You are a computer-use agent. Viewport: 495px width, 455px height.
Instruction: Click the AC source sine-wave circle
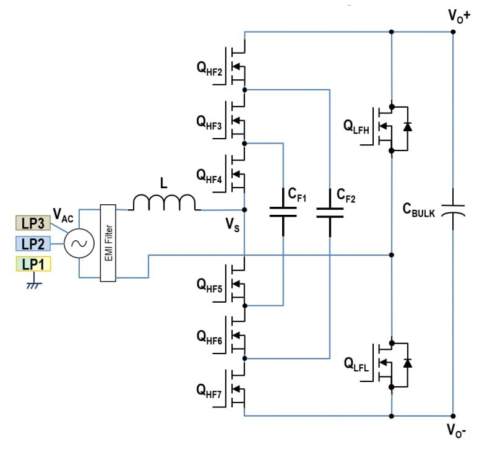click(80, 244)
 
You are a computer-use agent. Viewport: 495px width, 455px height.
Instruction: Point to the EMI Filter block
click(108, 244)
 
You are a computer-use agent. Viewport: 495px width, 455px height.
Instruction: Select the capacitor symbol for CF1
click(283, 212)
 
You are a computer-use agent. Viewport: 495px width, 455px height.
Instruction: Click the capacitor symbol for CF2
click(330, 212)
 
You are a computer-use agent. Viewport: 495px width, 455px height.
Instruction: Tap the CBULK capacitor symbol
click(453, 211)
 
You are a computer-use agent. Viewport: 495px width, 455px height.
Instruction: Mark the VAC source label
click(63, 215)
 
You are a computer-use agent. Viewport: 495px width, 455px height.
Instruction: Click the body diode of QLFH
click(407, 126)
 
